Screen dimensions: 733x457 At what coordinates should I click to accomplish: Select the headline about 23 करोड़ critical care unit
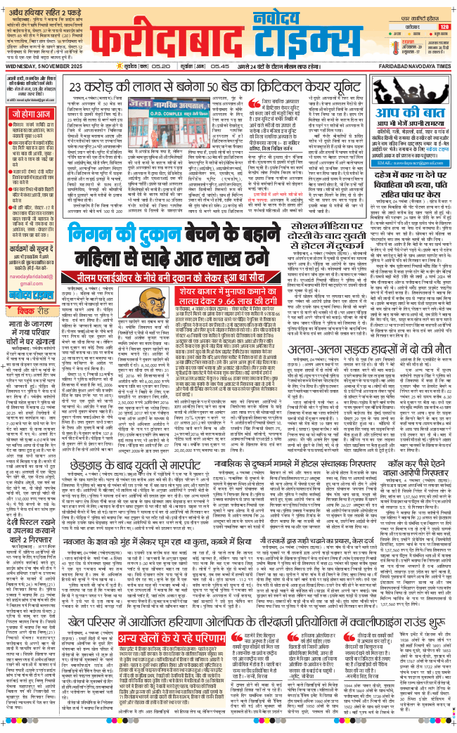click(212, 87)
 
